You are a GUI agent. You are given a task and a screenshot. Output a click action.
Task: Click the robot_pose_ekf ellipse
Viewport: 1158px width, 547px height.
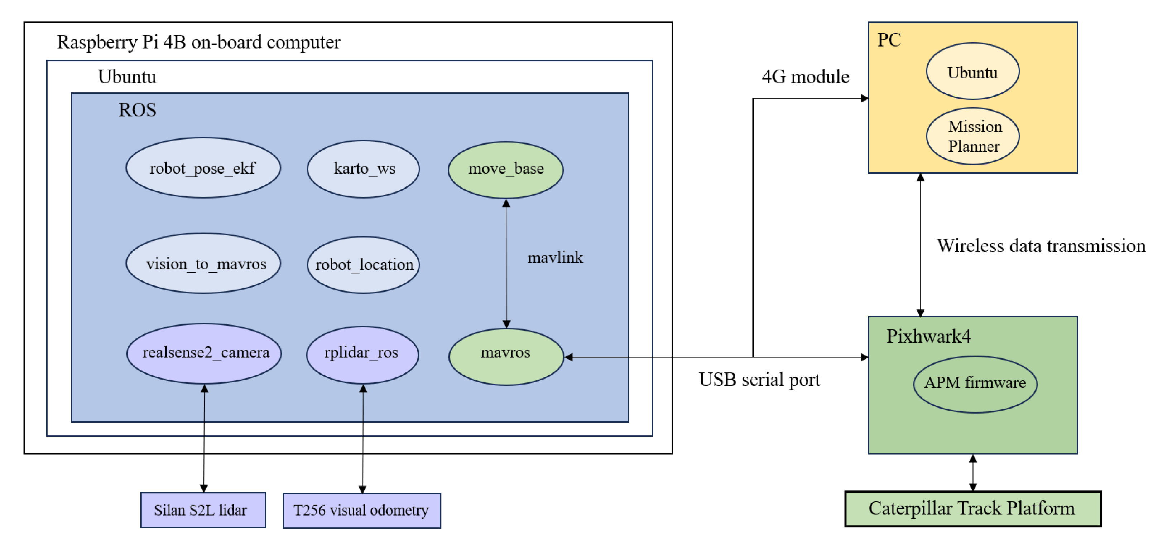pos(203,168)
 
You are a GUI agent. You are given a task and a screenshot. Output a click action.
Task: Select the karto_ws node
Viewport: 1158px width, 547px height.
pos(363,169)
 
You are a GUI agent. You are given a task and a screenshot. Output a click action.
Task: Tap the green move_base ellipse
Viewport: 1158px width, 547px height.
pos(506,170)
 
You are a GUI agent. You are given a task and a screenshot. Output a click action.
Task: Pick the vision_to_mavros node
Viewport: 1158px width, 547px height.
pos(203,264)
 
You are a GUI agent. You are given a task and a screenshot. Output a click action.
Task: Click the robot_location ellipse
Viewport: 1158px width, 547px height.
pos(363,264)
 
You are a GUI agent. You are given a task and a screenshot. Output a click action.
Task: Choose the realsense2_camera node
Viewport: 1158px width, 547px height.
pos(204,353)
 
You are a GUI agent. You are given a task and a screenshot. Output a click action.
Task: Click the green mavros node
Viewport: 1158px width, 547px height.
pos(506,356)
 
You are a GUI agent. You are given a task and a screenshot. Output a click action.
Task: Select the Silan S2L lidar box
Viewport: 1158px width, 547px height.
pos(203,510)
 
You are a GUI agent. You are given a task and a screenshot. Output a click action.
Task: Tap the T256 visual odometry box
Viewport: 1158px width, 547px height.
pos(361,510)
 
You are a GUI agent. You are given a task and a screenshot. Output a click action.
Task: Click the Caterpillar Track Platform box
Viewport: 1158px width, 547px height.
pos(973,508)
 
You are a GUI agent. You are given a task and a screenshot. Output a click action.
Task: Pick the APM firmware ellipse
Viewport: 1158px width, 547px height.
pos(975,384)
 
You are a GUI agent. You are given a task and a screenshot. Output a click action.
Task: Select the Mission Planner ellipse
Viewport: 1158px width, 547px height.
pos(973,136)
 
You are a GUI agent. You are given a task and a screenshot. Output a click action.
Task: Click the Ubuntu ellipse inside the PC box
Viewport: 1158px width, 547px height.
pos(973,72)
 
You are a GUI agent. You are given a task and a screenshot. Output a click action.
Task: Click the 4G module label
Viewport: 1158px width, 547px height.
pos(806,77)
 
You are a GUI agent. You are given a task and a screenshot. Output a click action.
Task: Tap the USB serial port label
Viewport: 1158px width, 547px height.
pos(759,380)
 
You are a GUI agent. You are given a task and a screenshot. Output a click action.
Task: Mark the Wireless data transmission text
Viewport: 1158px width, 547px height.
pos(1041,246)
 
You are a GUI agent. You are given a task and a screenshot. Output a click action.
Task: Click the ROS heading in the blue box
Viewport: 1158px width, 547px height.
pos(137,110)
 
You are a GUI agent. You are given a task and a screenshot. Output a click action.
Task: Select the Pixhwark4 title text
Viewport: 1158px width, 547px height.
pos(928,336)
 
